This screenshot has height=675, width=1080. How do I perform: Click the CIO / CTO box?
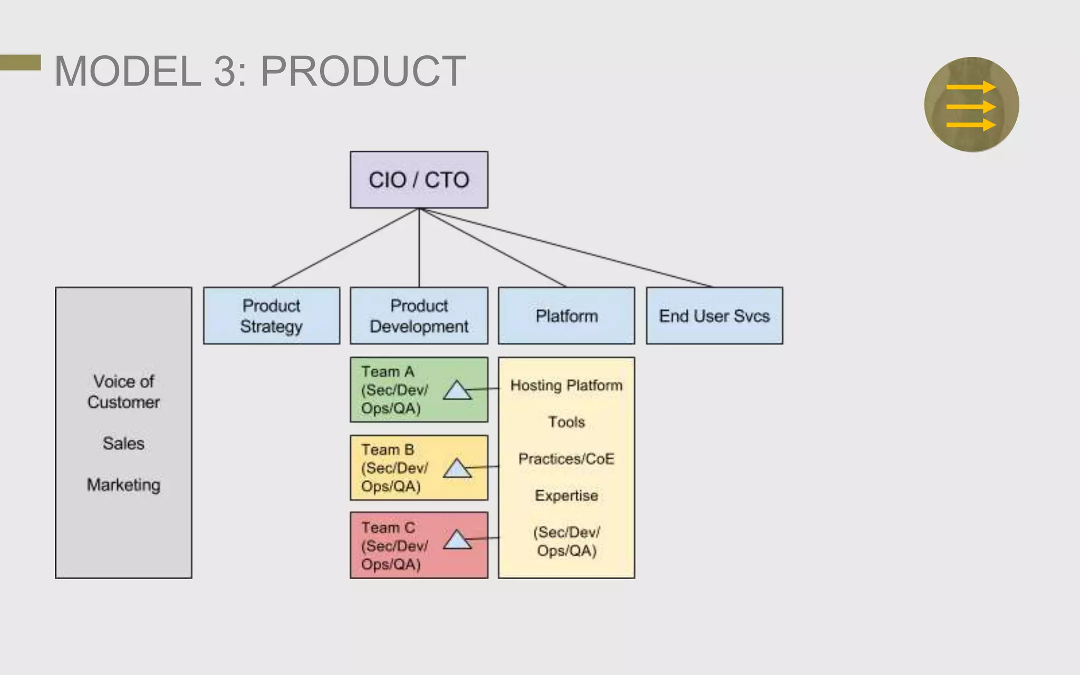coord(419,180)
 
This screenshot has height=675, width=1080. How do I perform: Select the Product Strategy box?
coord(271,316)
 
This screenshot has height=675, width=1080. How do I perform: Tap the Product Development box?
coord(419,316)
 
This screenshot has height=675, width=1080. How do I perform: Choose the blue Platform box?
coord(566,316)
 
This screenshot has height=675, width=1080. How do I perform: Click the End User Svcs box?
coord(714,316)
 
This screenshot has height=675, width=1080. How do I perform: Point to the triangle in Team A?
coord(457,391)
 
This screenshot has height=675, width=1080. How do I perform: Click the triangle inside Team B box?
coord(457,469)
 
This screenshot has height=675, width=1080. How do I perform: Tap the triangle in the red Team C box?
coord(457,541)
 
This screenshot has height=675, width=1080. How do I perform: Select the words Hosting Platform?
coord(566,385)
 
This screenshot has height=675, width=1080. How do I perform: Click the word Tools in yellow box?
coord(566,422)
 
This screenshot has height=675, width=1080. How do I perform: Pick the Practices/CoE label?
coord(566,459)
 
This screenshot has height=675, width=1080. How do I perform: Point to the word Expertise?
coord(566,496)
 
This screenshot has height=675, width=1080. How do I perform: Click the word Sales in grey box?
coord(123,443)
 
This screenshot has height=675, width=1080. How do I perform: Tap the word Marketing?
coord(123,485)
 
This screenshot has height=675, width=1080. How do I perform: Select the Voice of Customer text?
coord(123,392)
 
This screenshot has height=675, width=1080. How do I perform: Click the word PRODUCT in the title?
coord(363,72)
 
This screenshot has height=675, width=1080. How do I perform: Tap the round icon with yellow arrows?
coord(971,104)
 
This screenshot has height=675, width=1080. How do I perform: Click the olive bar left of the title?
coord(20,62)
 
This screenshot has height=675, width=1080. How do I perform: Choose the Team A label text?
coord(388,372)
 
